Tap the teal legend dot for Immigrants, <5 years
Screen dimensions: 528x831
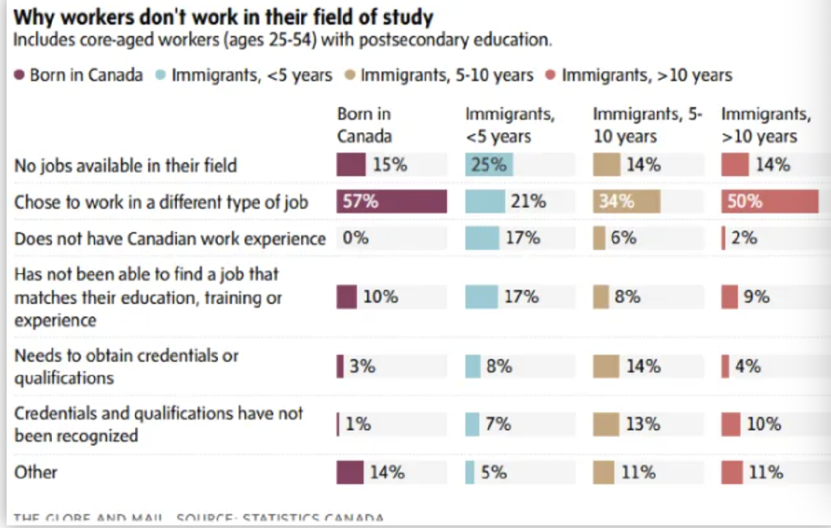[161, 75]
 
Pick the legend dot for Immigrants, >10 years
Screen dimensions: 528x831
[550, 75]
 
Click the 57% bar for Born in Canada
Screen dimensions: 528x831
[392, 201]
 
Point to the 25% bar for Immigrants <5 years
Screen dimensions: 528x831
[489, 164]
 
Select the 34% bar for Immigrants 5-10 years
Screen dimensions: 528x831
[626, 201]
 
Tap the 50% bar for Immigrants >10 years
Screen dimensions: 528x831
[770, 201]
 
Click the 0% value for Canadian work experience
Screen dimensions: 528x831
[356, 237]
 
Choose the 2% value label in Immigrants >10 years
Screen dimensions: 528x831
[744, 237]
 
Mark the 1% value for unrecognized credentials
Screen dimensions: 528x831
[358, 424]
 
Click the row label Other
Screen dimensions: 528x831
[36, 472]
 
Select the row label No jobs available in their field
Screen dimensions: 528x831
[126, 165]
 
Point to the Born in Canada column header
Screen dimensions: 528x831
[364, 125]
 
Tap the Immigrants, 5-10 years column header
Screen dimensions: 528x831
[648, 125]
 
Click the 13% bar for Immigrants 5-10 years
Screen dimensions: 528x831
[606, 424]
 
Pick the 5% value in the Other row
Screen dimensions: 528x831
[494, 472]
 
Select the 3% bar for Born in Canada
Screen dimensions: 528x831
[340, 366]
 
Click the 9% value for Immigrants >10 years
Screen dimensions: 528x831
[757, 297]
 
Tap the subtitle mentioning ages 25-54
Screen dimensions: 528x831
[283, 40]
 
